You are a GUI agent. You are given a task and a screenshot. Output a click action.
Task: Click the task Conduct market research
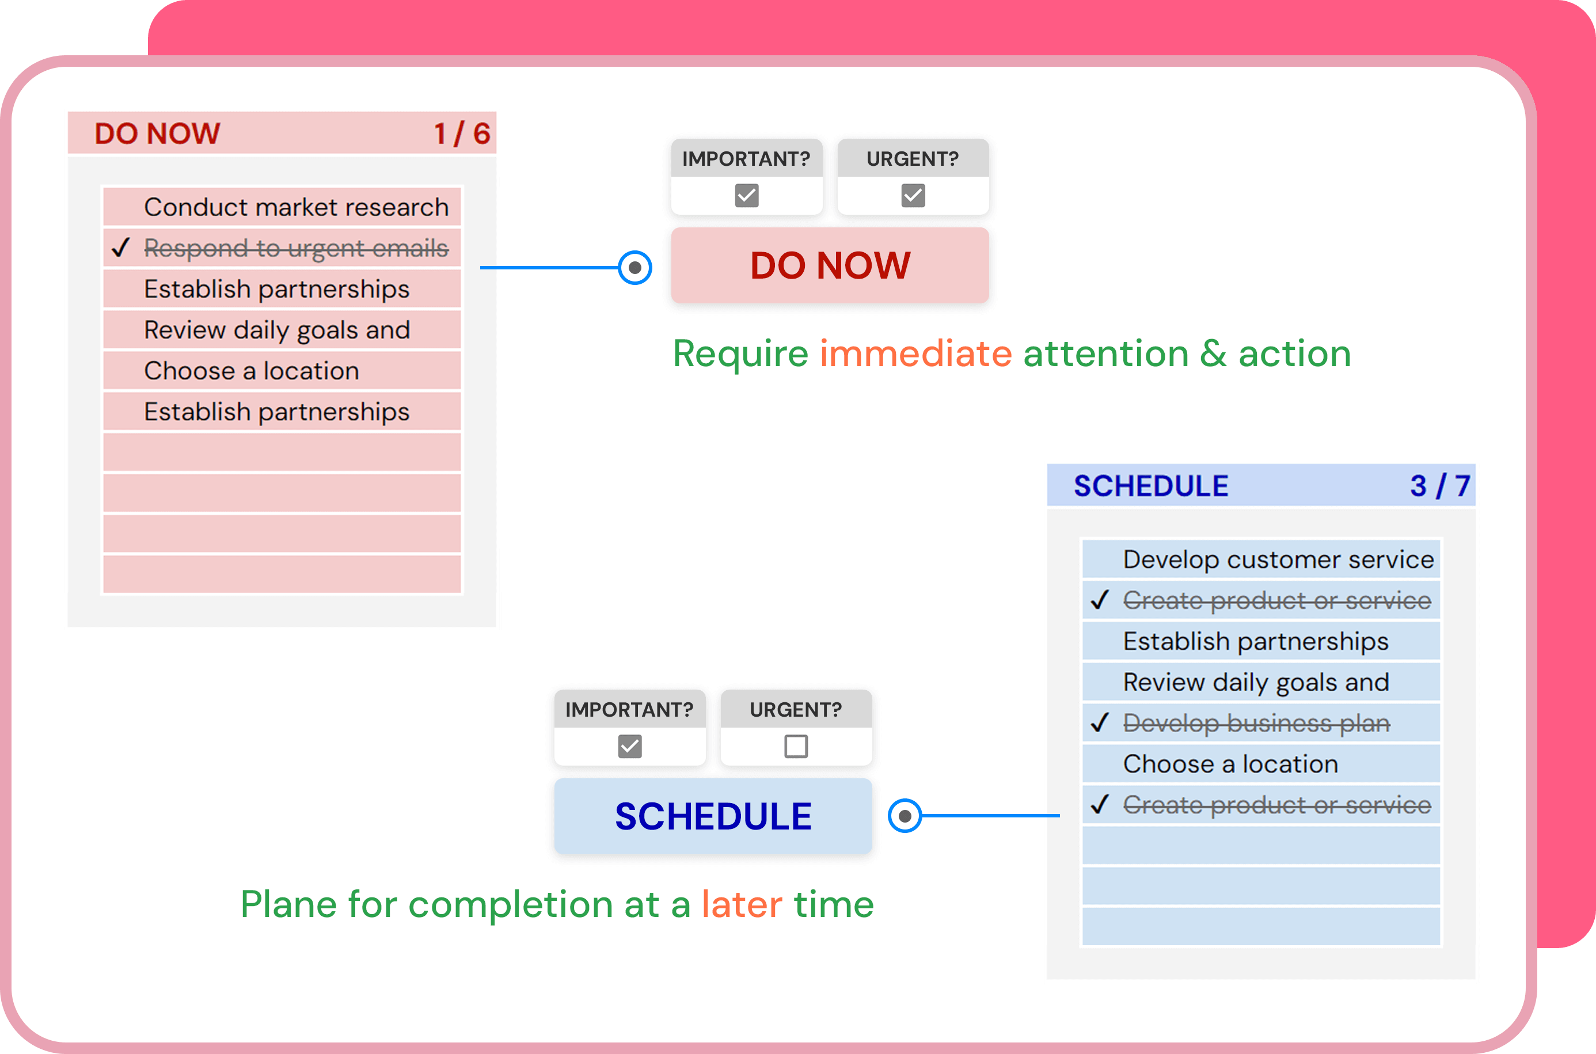pyautogui.click(x=296, y=207)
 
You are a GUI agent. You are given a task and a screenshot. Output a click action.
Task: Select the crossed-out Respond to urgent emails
pyautogui.click(x=296, y=248)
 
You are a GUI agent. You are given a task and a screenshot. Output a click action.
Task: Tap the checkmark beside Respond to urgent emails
pyautogui.click(x=121, y=248)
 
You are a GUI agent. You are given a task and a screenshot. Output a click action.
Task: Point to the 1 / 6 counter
pyautogui.click(x=462, y=134)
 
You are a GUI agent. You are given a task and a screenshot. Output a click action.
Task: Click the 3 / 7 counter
pyautogui.click(x=1440, y=486)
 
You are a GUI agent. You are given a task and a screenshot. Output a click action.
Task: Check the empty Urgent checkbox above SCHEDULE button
pyautogui.click(x=796, y=746)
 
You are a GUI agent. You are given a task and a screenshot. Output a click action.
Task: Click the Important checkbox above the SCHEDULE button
pyautogui.click(x=630, y=746)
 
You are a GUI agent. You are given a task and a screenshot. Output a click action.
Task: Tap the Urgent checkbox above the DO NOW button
pyautogui.click(x=913, y=196)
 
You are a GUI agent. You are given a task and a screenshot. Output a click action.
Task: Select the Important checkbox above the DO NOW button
pyautogui.click(x=747, y=196)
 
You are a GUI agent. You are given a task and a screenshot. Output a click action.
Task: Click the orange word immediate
pyautogui.click(x=915, y=353)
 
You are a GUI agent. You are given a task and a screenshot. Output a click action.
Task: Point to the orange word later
pyautogui.click(x=742, y=904)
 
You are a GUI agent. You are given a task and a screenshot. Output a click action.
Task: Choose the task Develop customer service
pyautogui.click(x=1279, y=560)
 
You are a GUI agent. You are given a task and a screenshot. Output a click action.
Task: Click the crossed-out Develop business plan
pyautogui.click(x=1256, y=723)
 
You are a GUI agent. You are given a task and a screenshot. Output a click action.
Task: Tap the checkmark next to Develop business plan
pyautogui.click(x=1100, y=722)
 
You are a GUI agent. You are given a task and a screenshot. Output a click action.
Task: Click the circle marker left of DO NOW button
pyautogui.click(x=634, y=268)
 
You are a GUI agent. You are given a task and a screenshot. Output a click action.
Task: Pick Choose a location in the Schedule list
pyautogui.click(x=1230, y=764)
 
